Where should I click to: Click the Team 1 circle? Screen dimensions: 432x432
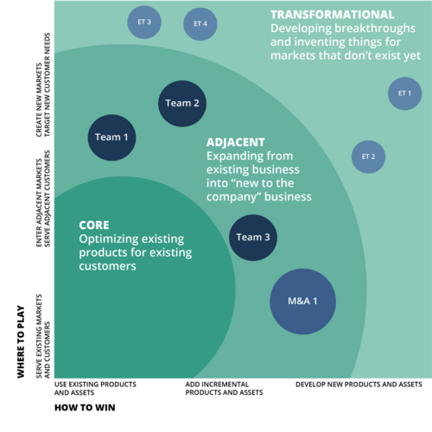click(112, 137)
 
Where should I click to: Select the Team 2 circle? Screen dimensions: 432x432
click(182, 104)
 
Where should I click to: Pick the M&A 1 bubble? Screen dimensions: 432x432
click(302, 302)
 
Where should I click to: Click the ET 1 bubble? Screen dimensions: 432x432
click(403, 93)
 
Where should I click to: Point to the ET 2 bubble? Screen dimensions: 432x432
click(368, 156)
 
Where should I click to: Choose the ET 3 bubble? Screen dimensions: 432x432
click(143, 22)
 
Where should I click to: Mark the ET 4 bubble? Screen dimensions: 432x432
click(200, 23)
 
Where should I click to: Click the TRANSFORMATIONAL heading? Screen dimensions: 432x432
click(332, 15)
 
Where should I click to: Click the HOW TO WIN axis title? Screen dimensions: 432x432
click(85, 406)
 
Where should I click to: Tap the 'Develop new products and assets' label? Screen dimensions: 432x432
click(359, 383)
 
